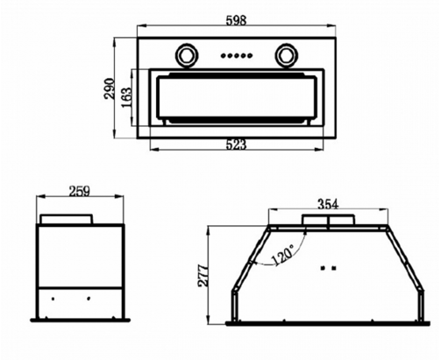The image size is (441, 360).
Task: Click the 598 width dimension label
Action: click(236, 20)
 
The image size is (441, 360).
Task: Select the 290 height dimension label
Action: click(110, 88)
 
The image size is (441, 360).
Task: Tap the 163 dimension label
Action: click(127, 97)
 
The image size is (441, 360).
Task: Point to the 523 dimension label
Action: click(237, 145)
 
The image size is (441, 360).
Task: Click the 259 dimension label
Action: click(80, 192)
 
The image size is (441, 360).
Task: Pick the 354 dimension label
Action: click(328, 204)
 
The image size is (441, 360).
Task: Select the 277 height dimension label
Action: click(203, 276)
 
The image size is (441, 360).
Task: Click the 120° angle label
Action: click(282, 256)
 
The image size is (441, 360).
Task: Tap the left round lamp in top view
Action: click(186, 55)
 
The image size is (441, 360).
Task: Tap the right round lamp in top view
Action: click(286, 55)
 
